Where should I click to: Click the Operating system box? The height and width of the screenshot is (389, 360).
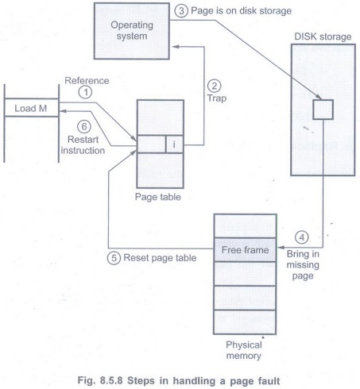[132, 31]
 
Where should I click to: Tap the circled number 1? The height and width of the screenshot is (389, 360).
[85, 92]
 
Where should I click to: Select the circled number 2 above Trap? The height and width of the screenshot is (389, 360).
[214, 86]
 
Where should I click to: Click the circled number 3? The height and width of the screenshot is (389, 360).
[181, 11]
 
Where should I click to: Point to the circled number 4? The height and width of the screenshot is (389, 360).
[302, 237]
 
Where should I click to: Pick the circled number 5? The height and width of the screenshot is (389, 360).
[114, 258]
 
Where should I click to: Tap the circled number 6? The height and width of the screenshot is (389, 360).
[84, 126]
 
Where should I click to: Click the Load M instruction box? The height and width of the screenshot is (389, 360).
[31, 107]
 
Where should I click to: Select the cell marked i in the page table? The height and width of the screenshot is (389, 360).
[174, 144]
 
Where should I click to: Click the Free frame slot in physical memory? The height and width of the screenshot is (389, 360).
[245, 250]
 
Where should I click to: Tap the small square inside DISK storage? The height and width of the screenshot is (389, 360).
[323, 110]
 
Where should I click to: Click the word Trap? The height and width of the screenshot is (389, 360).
[217, 98]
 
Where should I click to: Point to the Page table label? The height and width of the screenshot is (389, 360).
[158, 197]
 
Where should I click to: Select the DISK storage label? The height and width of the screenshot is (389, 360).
[323, 37]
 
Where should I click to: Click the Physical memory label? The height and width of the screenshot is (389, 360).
[244, 350]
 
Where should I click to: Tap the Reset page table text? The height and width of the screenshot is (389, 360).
[160, 258]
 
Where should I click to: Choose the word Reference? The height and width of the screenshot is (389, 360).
[87, 80]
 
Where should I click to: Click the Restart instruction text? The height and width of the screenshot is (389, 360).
[83, 144]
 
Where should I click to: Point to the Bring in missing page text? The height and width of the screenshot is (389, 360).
[303, 264]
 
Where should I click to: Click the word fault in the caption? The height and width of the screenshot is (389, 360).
[268, 381]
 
